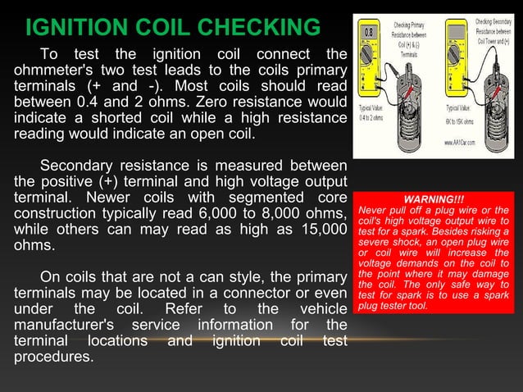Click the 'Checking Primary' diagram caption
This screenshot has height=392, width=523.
point(407,24)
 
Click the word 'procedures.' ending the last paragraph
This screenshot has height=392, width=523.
point(54,358)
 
